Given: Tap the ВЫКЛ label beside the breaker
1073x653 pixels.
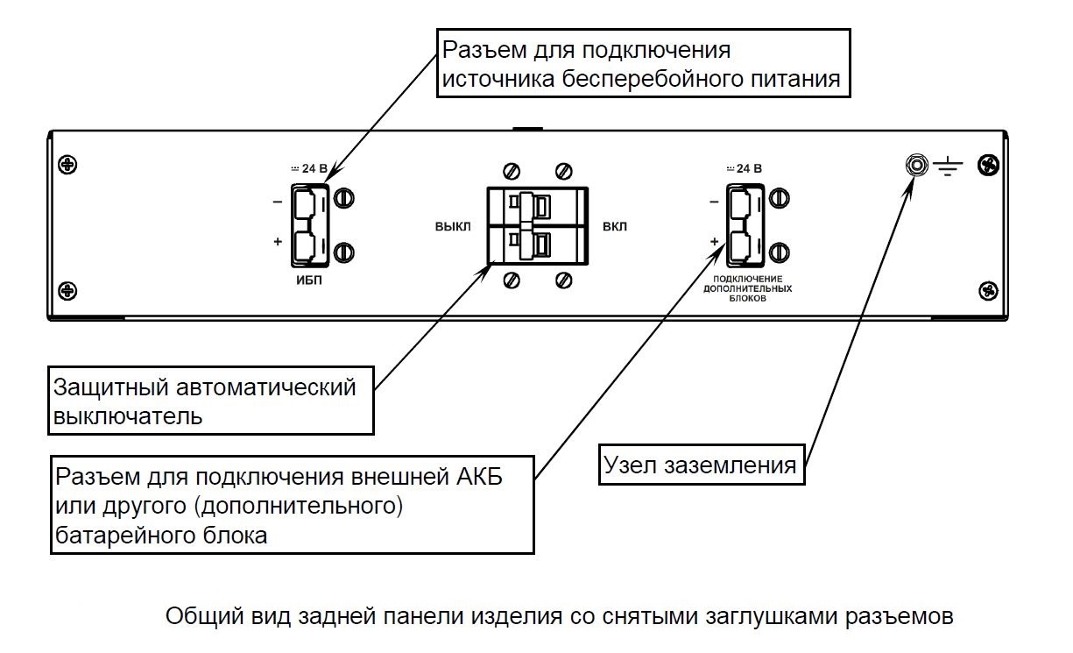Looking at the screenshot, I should pos(452,226).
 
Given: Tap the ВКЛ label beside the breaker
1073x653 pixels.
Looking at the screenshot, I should pos(615,226).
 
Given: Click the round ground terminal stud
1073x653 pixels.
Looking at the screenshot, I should pos(916,164).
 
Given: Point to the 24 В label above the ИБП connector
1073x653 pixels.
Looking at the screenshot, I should pos(308,169).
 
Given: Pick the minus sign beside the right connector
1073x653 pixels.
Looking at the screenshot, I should pos(714,202).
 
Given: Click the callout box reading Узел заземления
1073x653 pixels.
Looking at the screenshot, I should pos(702,465).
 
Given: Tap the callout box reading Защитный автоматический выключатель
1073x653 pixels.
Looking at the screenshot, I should pos(209,401).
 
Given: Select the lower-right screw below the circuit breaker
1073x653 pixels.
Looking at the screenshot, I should pos(564,280).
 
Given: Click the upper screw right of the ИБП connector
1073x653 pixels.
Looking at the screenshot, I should pos(344,198).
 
